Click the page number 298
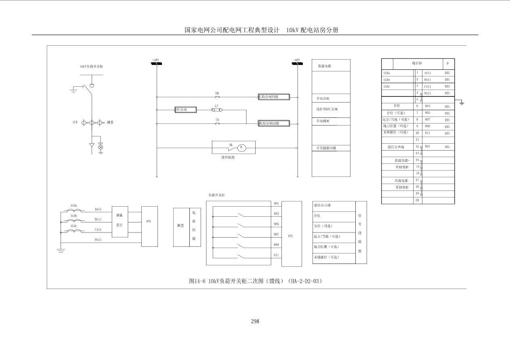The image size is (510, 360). (255, 321)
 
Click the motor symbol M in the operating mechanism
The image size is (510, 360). (241, 148)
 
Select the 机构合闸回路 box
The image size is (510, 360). (274, 97)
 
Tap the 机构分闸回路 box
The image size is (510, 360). (274, 123)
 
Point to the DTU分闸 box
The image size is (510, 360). (185, 109)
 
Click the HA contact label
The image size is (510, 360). (217, 93)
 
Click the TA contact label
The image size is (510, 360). (217, 120)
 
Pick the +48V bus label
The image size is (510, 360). (155, 60)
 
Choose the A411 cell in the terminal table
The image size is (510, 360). (428, 73)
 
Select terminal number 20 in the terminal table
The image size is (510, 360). (417, 200)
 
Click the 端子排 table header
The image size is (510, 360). (418, 63)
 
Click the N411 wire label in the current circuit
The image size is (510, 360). (98, 240)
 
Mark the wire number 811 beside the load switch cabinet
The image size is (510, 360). (276, 255)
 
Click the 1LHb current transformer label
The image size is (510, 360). (74, 216)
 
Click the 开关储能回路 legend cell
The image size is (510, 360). (326, 148)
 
